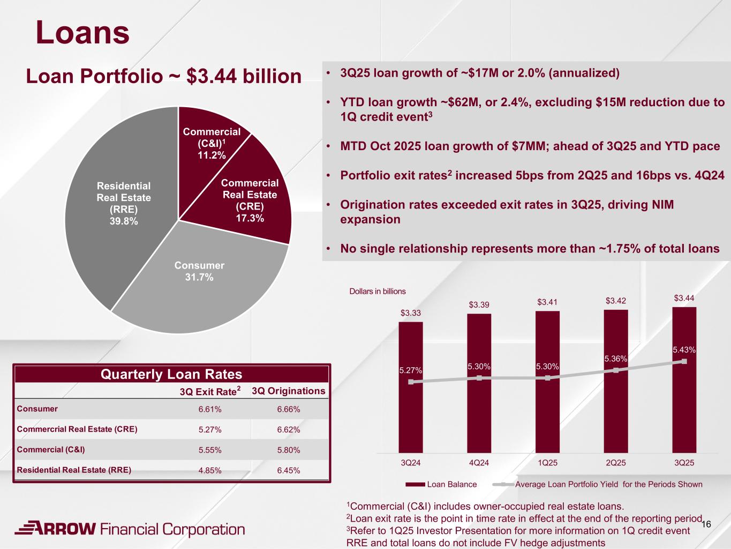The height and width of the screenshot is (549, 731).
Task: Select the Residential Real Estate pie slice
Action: point(124,204)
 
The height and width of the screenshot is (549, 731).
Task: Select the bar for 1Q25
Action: point(547,413)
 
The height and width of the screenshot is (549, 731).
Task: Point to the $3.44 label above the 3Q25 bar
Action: point(684,298)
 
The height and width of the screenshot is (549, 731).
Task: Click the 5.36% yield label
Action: point(615,359)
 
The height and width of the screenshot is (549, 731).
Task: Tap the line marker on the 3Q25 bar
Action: point(684,361)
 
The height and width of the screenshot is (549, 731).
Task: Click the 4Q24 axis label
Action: point(479,463)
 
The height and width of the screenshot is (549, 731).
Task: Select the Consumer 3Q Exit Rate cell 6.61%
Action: point(210,410)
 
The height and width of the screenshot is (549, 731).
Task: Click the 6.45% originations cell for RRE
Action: point(289,470)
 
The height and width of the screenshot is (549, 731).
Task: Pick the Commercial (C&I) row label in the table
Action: point(51,450)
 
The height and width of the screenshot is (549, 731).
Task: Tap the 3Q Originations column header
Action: point(289,391)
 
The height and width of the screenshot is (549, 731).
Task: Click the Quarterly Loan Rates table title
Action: point(171,374)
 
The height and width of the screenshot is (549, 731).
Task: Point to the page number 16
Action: point(706,524)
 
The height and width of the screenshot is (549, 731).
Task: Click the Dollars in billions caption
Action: point(378,291)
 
